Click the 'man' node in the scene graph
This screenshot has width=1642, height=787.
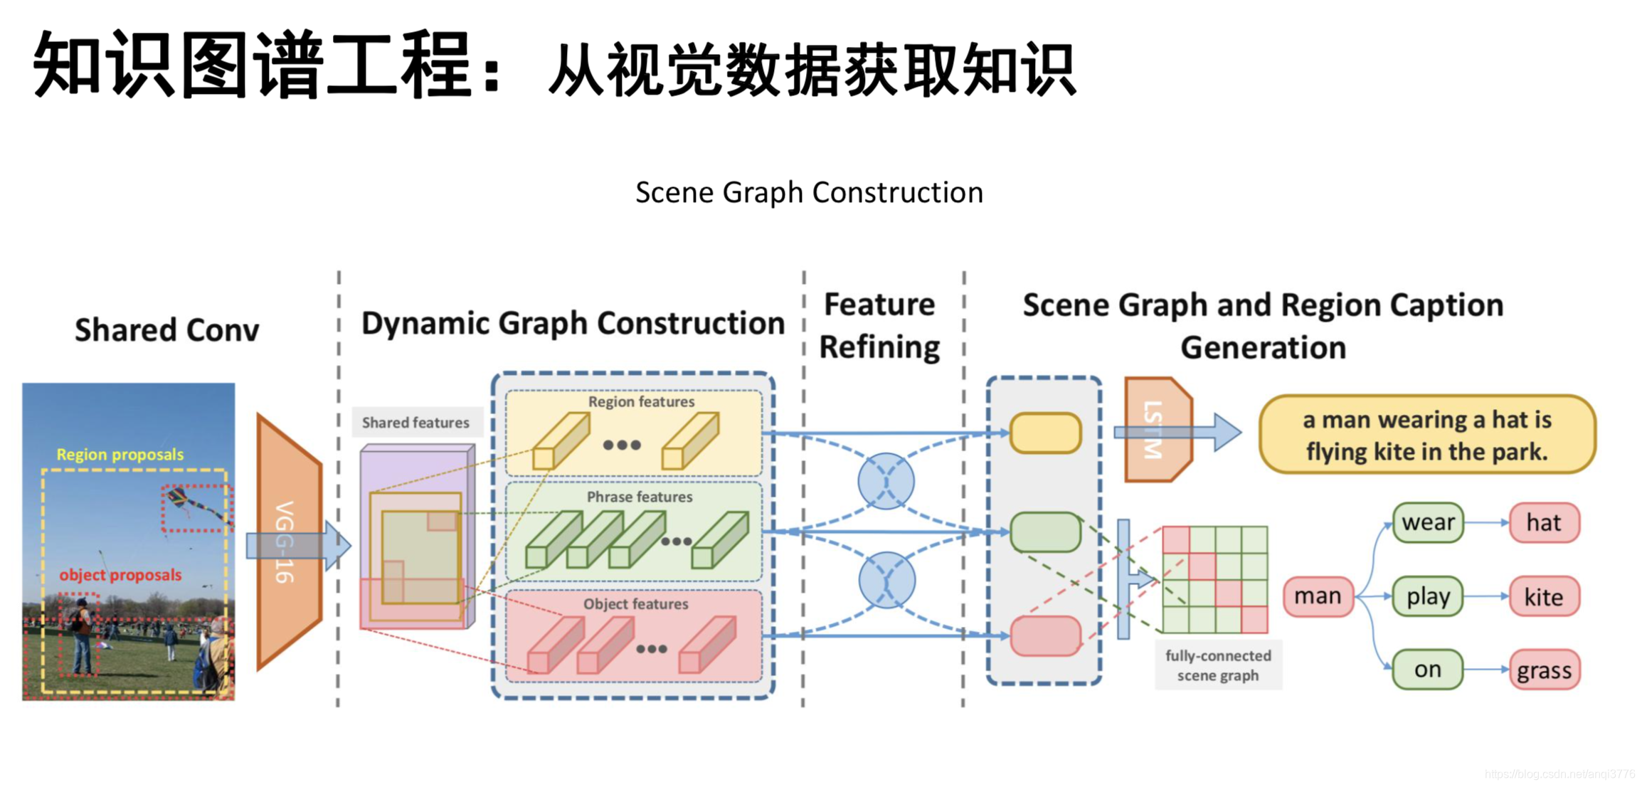click(1317, 596)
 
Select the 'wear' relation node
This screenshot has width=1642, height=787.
click(1427, 523)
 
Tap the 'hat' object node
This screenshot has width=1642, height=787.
click(1544, 523)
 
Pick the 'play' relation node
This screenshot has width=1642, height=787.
click(1427, 596)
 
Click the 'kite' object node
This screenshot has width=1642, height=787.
click(1544, 596)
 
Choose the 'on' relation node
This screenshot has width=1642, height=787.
click(1427, 670)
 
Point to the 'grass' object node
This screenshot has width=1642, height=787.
click(1544, 670)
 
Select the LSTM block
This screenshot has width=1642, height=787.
click(1156, 430)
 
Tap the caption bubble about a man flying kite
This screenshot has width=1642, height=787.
click(1426, 435)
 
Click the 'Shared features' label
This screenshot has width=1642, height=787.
click(416, 423)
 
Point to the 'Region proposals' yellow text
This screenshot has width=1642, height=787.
click(120, 454)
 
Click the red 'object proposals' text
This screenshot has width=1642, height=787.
click(120, 574)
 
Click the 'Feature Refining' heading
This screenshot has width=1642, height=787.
click(879, 326)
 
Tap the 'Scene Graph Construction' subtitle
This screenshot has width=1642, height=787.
click(809, 192)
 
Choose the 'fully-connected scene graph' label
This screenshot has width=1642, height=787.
click(1217, 665)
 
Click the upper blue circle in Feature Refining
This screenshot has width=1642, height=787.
click(886, 482)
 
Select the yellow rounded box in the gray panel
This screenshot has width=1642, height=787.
click(1045, 433)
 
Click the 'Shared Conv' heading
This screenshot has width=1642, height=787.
click(167, 330)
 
